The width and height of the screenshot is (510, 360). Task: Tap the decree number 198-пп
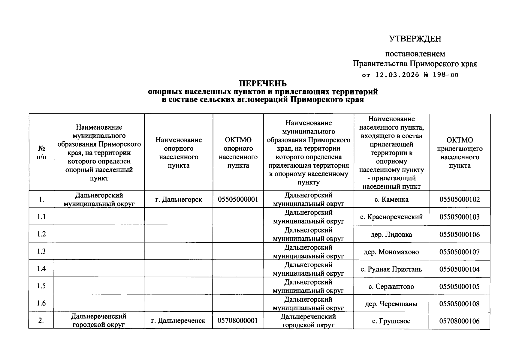446,75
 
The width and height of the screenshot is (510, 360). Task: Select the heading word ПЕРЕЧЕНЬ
263,83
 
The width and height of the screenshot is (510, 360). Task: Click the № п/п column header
41,152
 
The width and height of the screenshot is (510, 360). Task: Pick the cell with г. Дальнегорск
178,199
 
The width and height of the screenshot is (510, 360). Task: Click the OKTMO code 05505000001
238,199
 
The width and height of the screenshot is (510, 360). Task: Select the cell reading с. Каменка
391,199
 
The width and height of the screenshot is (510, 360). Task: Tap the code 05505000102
459,199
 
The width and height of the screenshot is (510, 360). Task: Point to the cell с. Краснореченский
391,217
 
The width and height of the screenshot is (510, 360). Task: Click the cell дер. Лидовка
391,234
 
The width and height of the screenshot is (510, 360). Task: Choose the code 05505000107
459,252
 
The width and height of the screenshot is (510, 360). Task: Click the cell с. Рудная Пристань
391,269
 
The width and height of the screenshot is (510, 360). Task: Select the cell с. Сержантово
391,286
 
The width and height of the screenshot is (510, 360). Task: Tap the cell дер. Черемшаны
391,304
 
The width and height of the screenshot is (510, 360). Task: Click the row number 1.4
41,268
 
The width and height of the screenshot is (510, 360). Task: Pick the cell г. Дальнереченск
178,321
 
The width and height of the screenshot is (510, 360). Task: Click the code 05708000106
459,321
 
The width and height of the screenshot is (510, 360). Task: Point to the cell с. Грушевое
391,321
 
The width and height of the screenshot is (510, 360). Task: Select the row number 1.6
41,303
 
